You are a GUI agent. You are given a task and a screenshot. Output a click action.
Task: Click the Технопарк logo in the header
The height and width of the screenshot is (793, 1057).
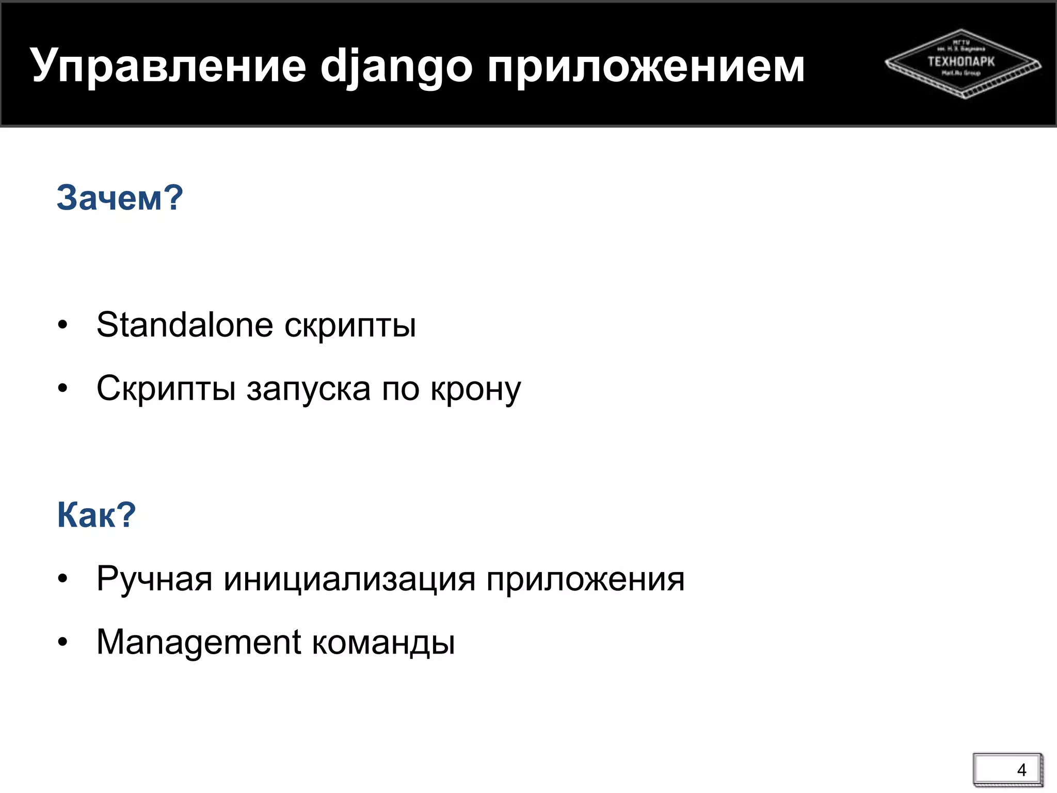click(963, 63)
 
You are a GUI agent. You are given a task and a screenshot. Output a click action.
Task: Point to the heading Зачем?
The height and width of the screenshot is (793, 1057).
click(120, 198)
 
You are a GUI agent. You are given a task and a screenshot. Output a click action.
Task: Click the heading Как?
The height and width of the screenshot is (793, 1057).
click(97, 515)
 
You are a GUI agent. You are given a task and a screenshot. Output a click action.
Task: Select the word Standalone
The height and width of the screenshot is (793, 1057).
click(185, 325)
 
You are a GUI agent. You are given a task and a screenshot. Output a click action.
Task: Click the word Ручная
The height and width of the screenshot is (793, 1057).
click(154, 579)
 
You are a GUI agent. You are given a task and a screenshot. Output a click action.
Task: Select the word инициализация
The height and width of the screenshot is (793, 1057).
click(349, 579)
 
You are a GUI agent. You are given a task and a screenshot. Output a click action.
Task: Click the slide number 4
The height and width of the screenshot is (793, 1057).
click(1021, 770)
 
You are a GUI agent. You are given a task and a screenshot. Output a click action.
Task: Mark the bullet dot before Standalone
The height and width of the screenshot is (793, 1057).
click(63, 326)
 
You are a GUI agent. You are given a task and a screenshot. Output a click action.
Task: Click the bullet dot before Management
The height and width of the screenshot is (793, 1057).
click(63, 643)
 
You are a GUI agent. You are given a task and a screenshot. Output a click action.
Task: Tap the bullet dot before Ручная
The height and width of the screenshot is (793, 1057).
click(63, 579)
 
